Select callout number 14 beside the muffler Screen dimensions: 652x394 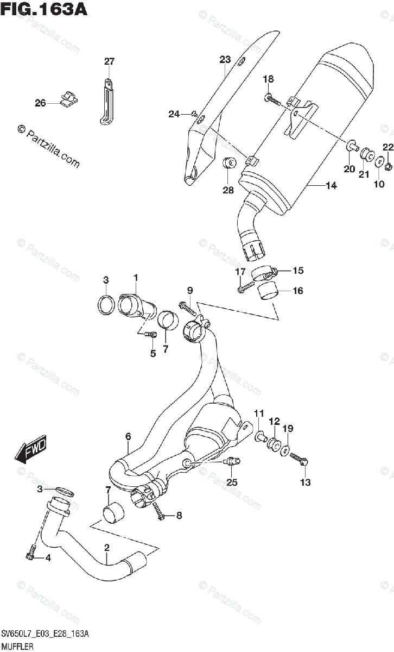click(331, 186)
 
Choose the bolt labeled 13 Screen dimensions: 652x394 click(300, 459)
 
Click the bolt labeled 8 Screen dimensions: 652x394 click(159, 510)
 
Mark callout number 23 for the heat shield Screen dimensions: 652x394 click(225, 59)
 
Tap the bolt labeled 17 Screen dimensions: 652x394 click(246, 286)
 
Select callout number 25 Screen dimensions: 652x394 click(232, 482)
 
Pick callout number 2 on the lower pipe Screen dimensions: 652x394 click(107, 548)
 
